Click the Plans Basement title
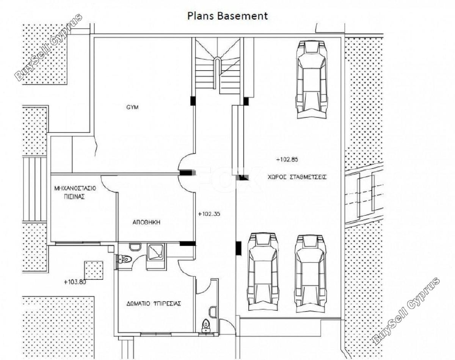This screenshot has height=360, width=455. (x=227, y=16)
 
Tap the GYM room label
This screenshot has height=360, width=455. (x=132, y=107)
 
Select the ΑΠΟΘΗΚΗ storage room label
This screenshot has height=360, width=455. (x=146, y=222)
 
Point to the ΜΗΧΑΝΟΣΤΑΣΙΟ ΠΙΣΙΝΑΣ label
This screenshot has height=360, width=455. (x=75, y=192)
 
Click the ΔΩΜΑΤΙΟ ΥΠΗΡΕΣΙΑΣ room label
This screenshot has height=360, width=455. (x=154, y=303)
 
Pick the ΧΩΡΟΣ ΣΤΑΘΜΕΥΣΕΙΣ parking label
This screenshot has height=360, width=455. (x=297, y=177)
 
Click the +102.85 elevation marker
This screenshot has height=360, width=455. (x=287, y=159)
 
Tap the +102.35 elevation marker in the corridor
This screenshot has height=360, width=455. (x=209, y=214)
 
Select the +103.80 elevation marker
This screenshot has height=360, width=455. (x=75, y=282)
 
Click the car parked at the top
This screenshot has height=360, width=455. (x=311, y=80)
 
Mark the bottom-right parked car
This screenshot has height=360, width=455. (x=309, y=273)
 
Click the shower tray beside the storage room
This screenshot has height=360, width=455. (x=156, y=251)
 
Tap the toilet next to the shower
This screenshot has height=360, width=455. (x=124, y=259)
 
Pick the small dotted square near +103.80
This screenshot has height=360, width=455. (x=94, y=270)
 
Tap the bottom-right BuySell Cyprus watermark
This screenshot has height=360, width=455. (x=405, y=313)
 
